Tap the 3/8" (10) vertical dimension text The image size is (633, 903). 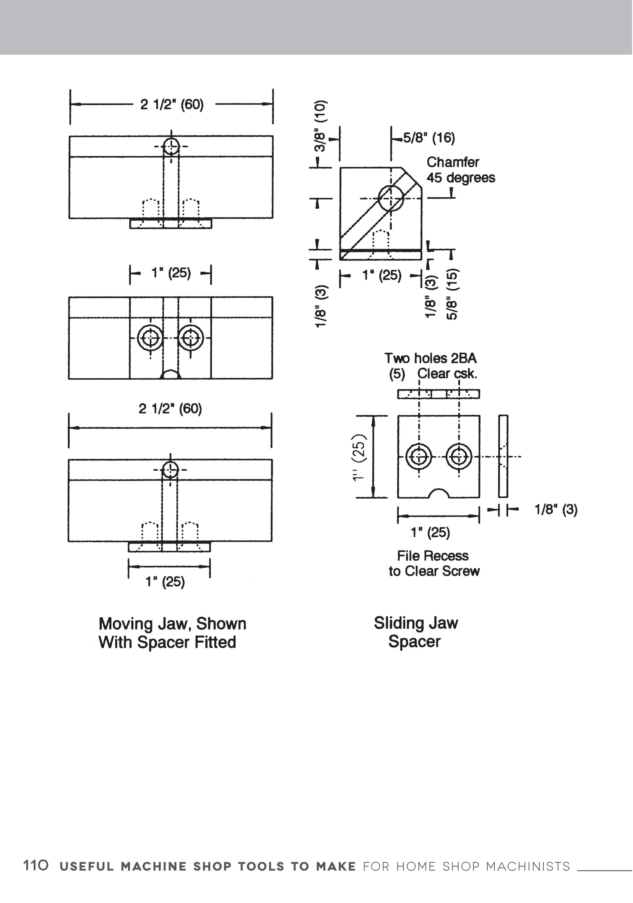(x=321, y=126)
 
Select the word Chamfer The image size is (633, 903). (x=453, y=162)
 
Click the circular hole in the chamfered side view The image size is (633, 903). (x=391, y=198)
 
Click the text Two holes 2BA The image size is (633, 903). (x=430, y=358)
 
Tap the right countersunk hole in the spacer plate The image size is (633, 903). (x=459, y=457)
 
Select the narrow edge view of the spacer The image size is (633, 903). (x=503, y=456)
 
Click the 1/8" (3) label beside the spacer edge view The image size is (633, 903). (x=556, y=510)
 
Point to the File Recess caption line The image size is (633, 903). (x=432, y=556)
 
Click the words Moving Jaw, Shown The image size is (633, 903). (x=172, y=624)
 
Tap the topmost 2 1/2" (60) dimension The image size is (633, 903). (x=172, y=105)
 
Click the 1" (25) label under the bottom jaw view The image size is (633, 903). (x=165, y=581)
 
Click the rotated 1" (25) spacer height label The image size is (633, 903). (x=360, y=457)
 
